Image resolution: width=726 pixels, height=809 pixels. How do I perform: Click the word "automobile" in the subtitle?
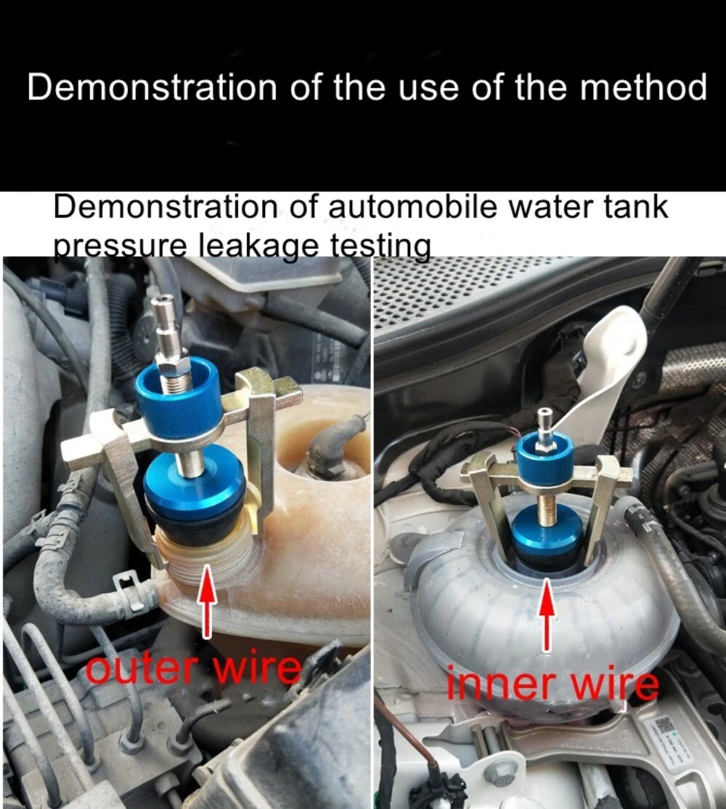click(x=412, y=208)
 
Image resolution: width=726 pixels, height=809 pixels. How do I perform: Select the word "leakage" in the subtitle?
click(x=260, y=247)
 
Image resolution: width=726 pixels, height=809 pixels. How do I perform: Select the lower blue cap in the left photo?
click(x=194, y=482)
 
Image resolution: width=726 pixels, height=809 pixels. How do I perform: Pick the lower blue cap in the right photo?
click(x=548, y=534)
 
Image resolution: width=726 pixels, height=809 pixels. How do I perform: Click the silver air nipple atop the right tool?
click(x=543, y=422)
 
